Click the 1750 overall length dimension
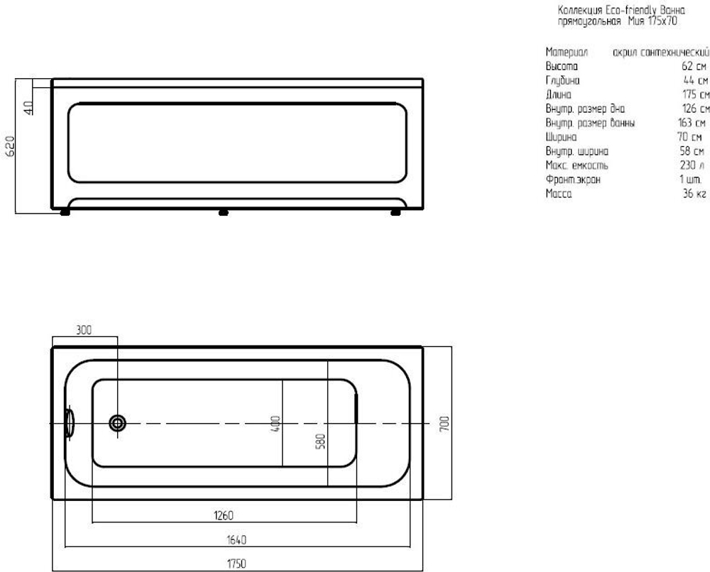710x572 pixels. [x=236, y=563]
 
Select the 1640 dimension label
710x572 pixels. [x=236, y=540]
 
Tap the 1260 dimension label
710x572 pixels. [x=223, y=515]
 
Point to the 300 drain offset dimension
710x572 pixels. [x=84, y=330]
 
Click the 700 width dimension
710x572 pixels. [x=444, y=424]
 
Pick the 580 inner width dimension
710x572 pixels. [x=320, y=441]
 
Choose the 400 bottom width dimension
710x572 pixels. [x=275, y=424]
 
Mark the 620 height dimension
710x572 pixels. [x=10, y=146]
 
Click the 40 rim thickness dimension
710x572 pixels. [x=28, y=108]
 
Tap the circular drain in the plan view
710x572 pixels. [x=118, y=424]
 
